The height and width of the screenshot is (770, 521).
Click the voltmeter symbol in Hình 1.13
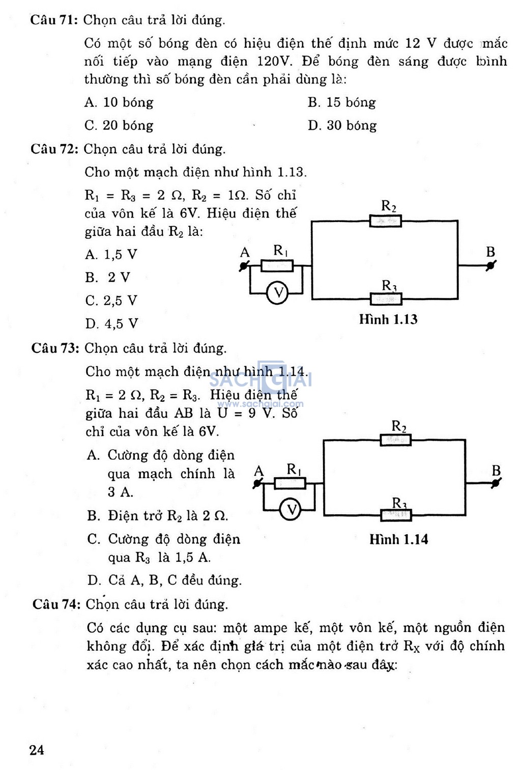(277, 293)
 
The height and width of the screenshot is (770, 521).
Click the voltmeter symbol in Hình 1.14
(291, 509)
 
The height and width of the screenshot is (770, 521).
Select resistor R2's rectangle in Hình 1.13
(385, 221)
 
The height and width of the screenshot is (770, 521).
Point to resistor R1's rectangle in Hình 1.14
(290, 483)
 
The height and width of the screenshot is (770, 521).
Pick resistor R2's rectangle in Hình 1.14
(396, 439)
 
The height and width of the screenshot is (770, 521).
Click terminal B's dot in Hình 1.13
(491, 265)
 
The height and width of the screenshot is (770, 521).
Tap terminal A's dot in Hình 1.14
(257, 483)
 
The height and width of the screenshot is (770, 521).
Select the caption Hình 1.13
(388, 319)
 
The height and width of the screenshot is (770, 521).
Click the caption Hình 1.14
(399, 539)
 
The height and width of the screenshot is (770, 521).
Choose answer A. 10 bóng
(119, 102)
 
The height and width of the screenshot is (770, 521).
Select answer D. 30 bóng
(342, 125)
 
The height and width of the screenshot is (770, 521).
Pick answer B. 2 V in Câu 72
(107, 278)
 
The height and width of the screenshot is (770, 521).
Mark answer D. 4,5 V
(111, 323)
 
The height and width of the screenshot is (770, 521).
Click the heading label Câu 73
(55, 348)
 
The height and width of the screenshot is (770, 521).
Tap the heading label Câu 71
(54, 20)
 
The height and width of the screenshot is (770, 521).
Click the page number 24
(37, 750)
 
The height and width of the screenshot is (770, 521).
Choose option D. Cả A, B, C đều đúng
(164, 581)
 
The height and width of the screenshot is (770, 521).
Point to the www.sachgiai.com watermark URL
(260, 404)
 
